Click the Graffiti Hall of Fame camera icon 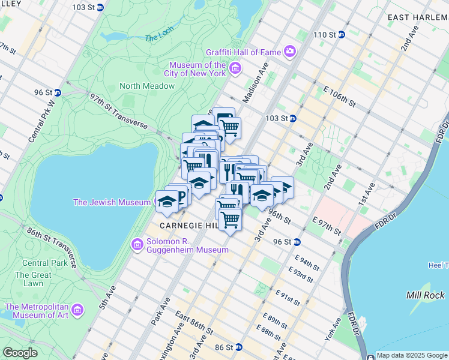[x=289, y=52]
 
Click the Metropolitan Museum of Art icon [x=77, y=310]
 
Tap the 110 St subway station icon [x=341, y=35]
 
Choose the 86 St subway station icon [x=238, y=347]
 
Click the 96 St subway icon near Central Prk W [x=57, y=92]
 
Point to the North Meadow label [x=147, y=86]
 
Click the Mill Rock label [x=425, y=295]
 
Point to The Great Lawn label [x=29, y=279]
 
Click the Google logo [x=20, y=352]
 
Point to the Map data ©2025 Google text [x=412, y=355]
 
